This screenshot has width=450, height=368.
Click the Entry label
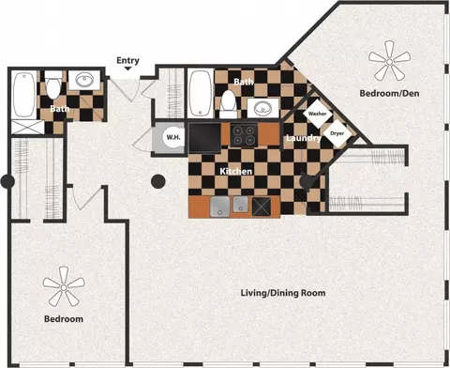pyautogui.click(x=127, y=60)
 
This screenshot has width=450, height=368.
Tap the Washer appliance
pyautogui.click(x=318, y=114)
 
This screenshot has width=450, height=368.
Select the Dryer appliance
pyautogui.click(x=337, y=133)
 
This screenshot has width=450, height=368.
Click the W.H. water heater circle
pyautogui.click(x=173, y=137)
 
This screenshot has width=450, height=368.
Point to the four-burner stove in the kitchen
pyautogui.click(x=244, y=134)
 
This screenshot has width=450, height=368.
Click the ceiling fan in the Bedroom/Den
pyautogui.click(x=389, y=62)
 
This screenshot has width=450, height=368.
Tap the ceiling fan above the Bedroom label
pyautogui.click(x=64, y=287)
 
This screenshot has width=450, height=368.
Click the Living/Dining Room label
pyautogui.click(x=283, y=293)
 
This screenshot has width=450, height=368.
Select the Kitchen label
pyautogui.click(x=236, y=171)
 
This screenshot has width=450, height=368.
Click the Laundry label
pyautogui.click(x=304, y=138)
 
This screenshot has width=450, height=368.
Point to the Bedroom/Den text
pyautogui.click(x=389, y=93)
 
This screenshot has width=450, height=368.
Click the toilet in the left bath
pyautogui.click(x=53, y=84)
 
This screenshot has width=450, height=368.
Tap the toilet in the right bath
pyautogui.click(x=229, y=104)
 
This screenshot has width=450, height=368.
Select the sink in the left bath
pyautogui.click(x=84, y=81)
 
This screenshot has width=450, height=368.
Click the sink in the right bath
pyautogui.click(x=263, y=108)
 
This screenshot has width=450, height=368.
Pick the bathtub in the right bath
pyautogui.click(x=201, y=94)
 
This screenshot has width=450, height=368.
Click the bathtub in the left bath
pyautogui.click(x=24, y=95)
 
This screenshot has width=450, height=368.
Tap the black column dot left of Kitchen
pyautogui.click(x=158, y=181)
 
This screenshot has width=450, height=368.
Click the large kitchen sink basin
pyautogui.click(x=220, y=207)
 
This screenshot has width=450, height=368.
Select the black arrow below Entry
pyautogui.click(x=127, y=69)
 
